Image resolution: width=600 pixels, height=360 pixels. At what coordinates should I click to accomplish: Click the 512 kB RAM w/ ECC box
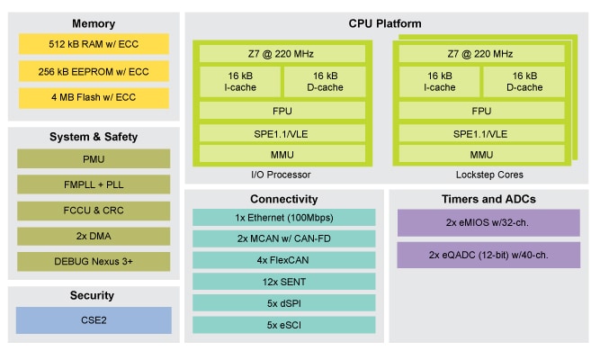click(94, 44)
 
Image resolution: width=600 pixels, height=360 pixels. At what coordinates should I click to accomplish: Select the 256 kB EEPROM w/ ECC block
click(94, 69)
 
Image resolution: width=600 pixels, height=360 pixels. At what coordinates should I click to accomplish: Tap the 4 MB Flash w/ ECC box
click(94, 95)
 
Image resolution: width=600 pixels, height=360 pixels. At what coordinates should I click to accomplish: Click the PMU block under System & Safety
click(94, 158)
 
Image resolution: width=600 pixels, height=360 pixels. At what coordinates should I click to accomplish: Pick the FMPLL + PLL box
click(94, 184)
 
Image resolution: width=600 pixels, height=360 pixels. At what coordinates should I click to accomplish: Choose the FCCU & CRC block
click(94, 210)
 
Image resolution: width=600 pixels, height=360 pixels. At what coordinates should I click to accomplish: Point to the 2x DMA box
click(94, 236)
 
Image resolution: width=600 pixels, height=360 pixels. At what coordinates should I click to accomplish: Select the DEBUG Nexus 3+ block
click(94, 261)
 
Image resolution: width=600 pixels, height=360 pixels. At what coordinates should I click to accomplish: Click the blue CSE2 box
click(94, 319)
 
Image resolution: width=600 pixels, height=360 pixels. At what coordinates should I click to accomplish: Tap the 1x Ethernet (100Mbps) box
click(284, 219)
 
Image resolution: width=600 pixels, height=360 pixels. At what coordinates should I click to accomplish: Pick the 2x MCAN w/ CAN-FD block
click(284, 239)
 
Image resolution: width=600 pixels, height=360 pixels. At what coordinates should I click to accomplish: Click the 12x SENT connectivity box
click(284, 282)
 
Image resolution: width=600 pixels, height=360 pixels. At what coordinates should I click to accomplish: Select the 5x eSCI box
click(284, 324)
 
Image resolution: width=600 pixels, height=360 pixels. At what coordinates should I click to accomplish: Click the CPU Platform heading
click(385, 23)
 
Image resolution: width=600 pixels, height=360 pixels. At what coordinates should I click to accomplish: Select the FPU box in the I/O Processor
click(282, 112)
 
